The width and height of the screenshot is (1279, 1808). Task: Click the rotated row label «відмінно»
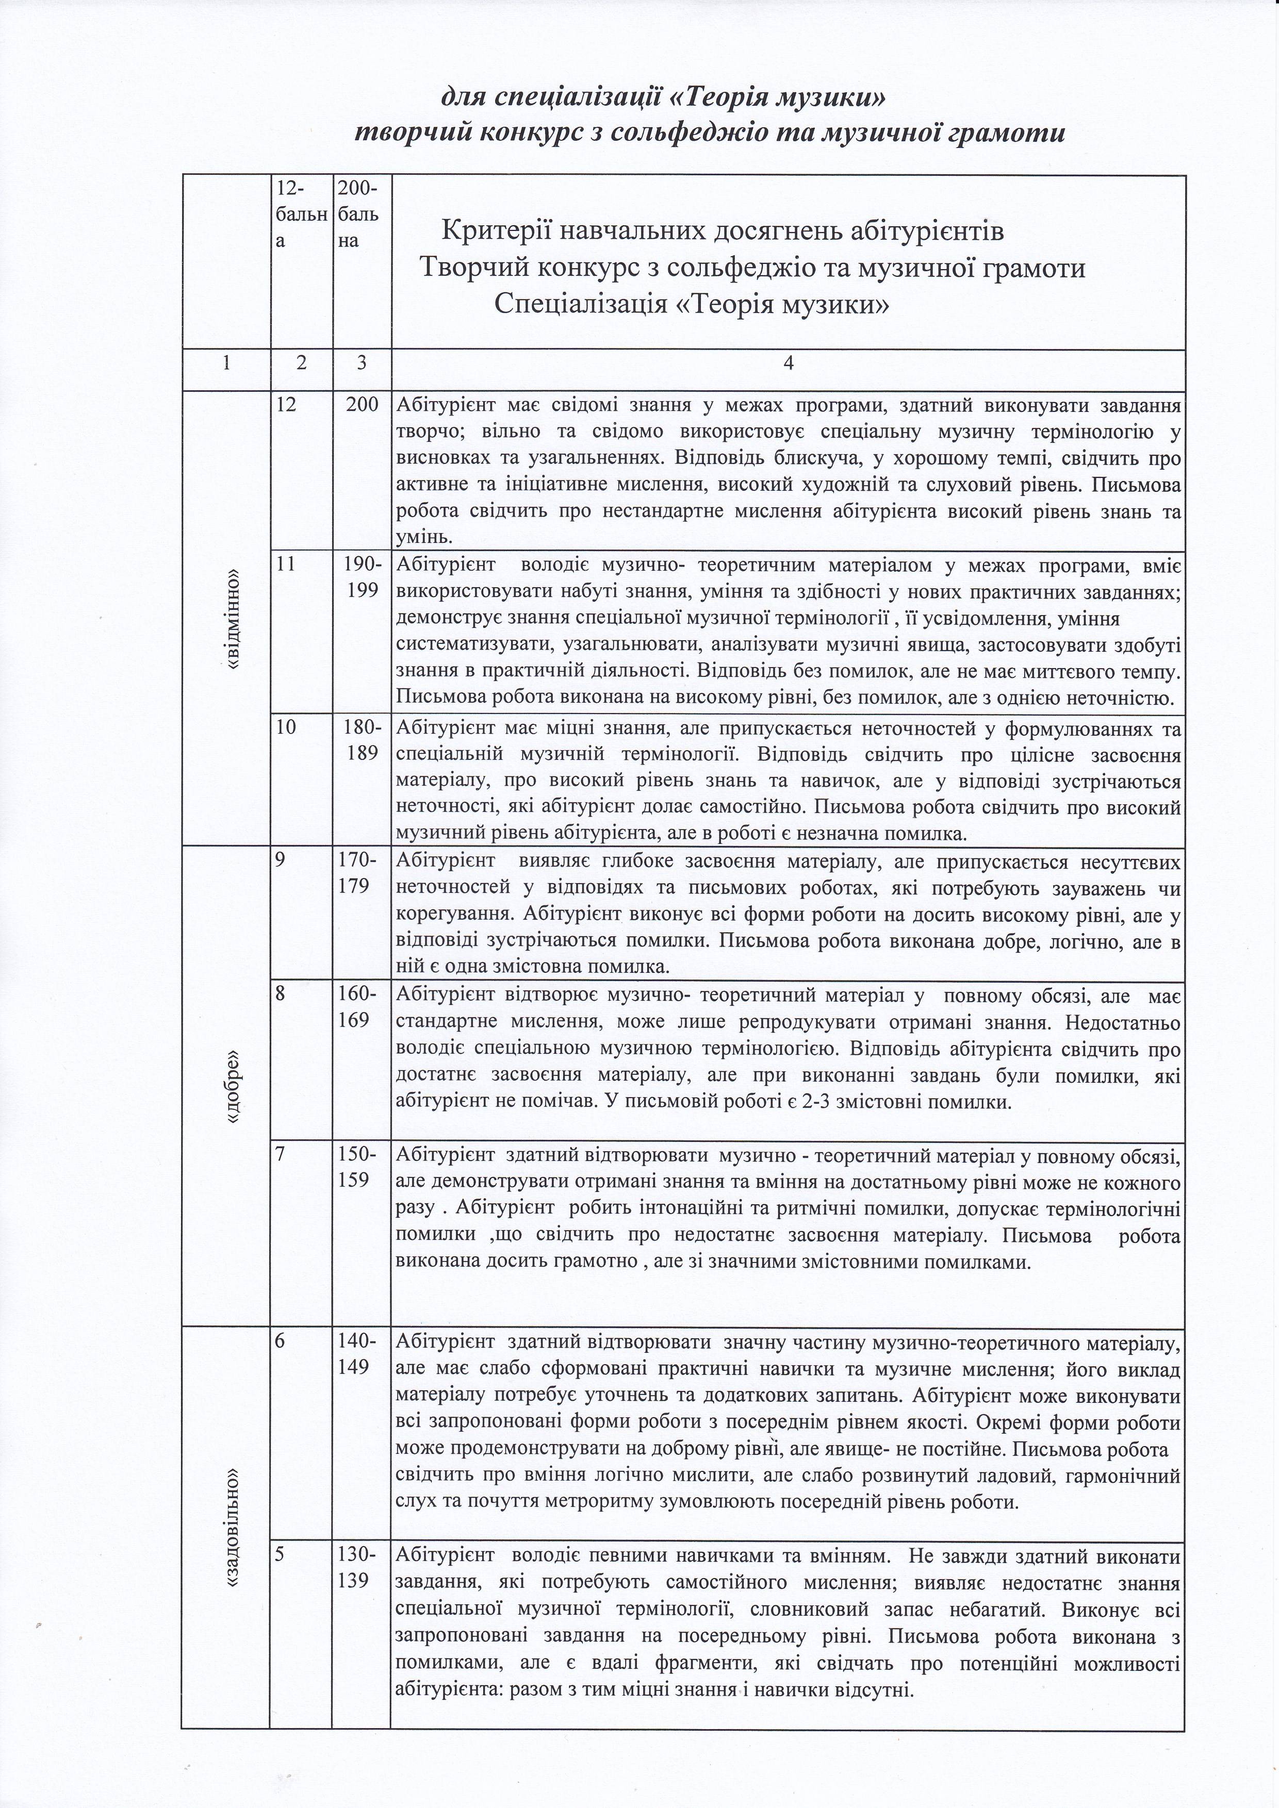pyautogui.click(x=233, y=620)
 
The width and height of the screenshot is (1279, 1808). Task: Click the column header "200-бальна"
pyautogui.click(x=358, y=214)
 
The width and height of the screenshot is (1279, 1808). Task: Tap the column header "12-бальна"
pyautogui.click(x=299, y=214)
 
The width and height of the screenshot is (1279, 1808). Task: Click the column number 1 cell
pyautogui.click(x=226, y=363)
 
